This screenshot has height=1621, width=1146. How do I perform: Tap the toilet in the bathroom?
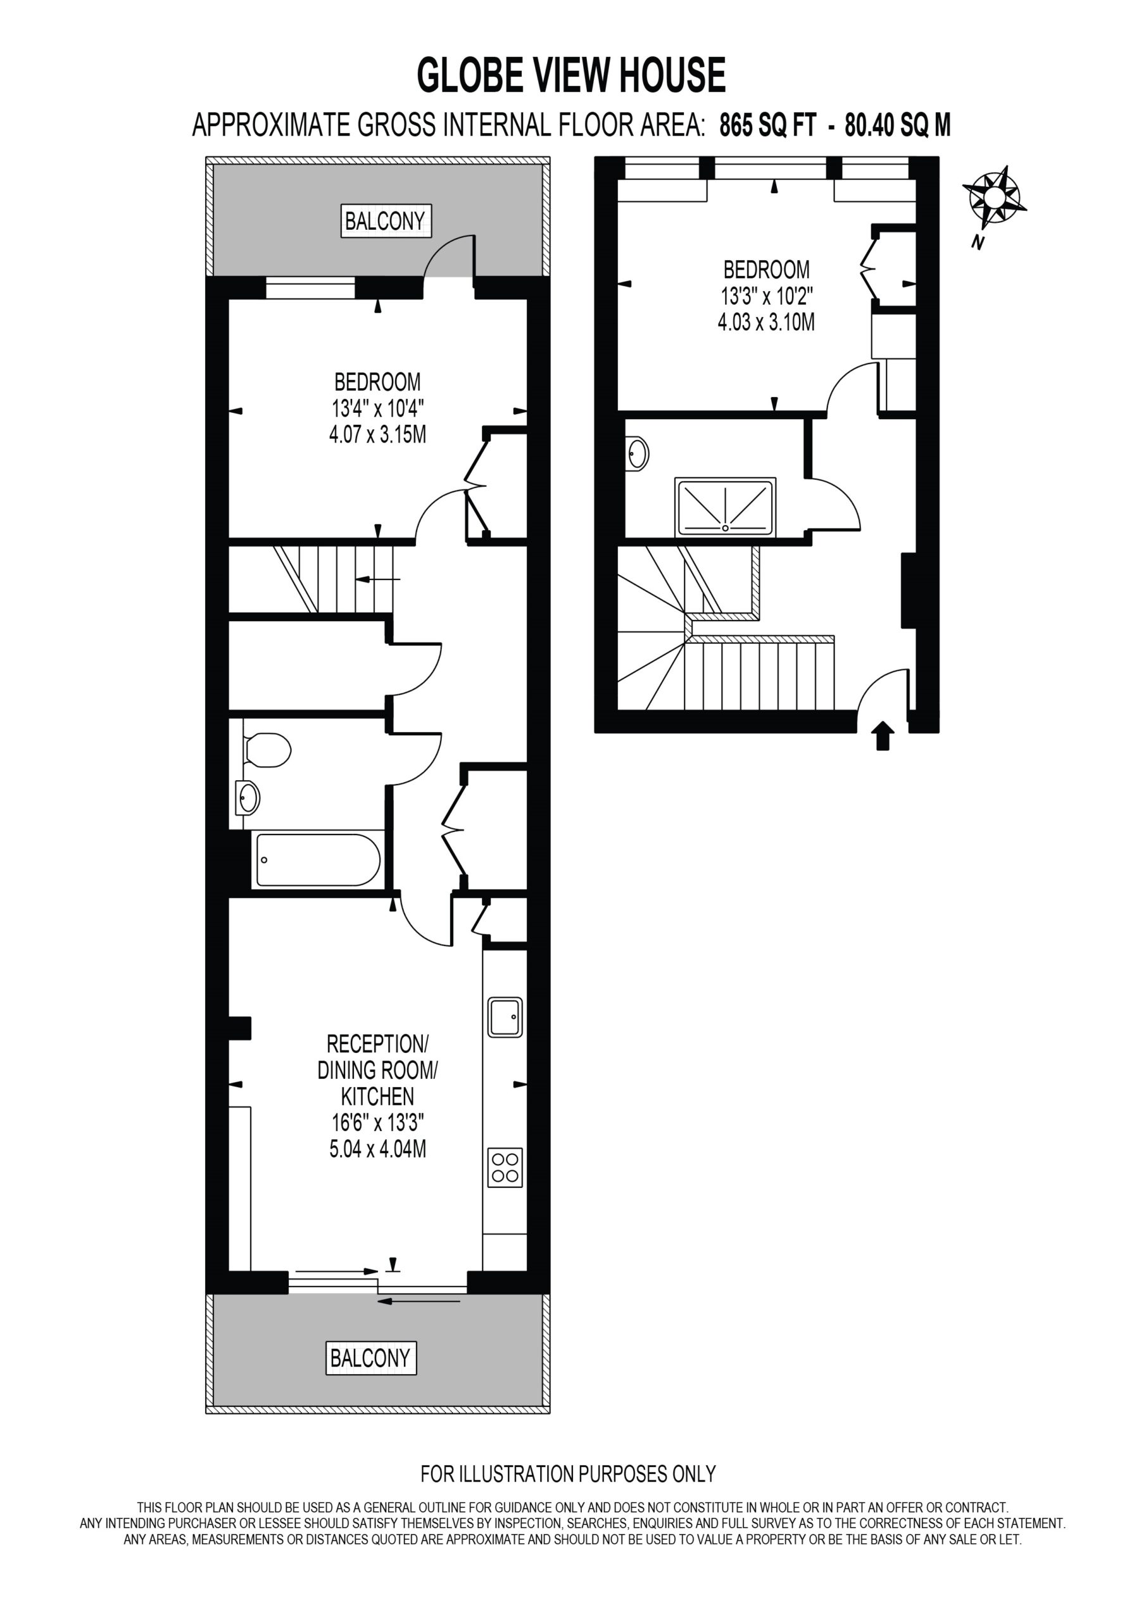pyautogui.click(x=267, y=750)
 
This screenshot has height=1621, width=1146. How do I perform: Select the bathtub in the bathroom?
pyautogui.click(x=318, y=860)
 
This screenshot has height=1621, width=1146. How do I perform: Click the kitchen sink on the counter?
pyautogui.click(x=505, y=1017)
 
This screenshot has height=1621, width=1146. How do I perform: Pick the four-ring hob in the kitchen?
pyautogui.click(x=505, y=1167)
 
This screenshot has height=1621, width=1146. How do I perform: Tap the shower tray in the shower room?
pyautogui.click(x=725, y=507)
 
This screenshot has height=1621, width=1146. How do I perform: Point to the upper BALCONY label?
pyautogui.click(x=386, y=221)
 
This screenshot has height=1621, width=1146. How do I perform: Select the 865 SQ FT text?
pyautogui.click(x=767, y=125)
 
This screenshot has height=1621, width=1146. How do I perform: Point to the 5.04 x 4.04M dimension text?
pyautogui.click(x=378, y=1149)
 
